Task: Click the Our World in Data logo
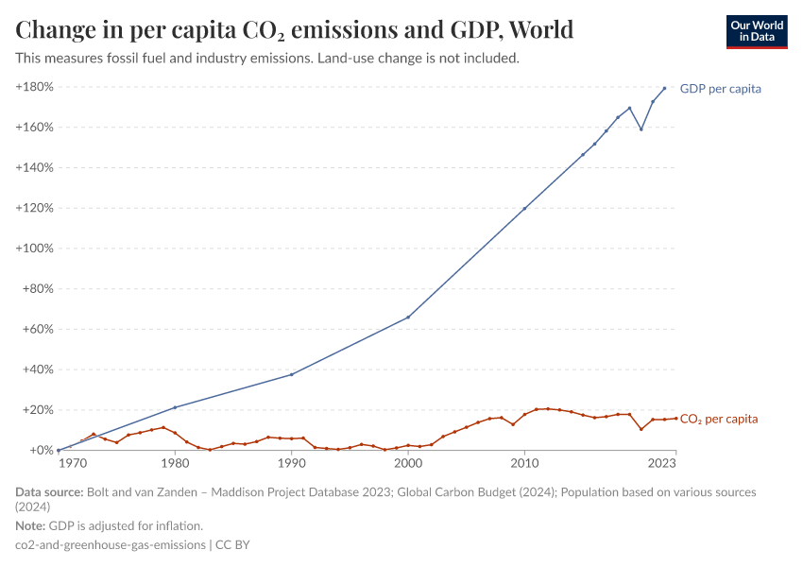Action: click(x=756, y=32)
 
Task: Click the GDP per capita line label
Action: click(x=720, y=89)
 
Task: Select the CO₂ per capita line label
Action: click(x=718, y=419)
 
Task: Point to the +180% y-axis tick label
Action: click(x=35, y=87)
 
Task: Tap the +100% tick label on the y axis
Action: click(x=35, y=249)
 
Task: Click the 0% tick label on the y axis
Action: click(x=40, y=451)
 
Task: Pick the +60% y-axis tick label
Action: click(x=38, y=330)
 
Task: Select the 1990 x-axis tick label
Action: click(x=291, y=463)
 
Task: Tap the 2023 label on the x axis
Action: click(x=662, y=463)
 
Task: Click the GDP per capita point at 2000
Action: click(x=408, y=318)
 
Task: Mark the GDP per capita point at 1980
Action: click(x=175, y=407)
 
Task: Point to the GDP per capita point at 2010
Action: click(x=524, y=208)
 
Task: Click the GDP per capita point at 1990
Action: click(x=291, y=374)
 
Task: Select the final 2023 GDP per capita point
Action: click(x=664, y=89)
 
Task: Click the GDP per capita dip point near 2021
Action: click(x=641, y=129)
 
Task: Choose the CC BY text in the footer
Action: click(x=232, y=545)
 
